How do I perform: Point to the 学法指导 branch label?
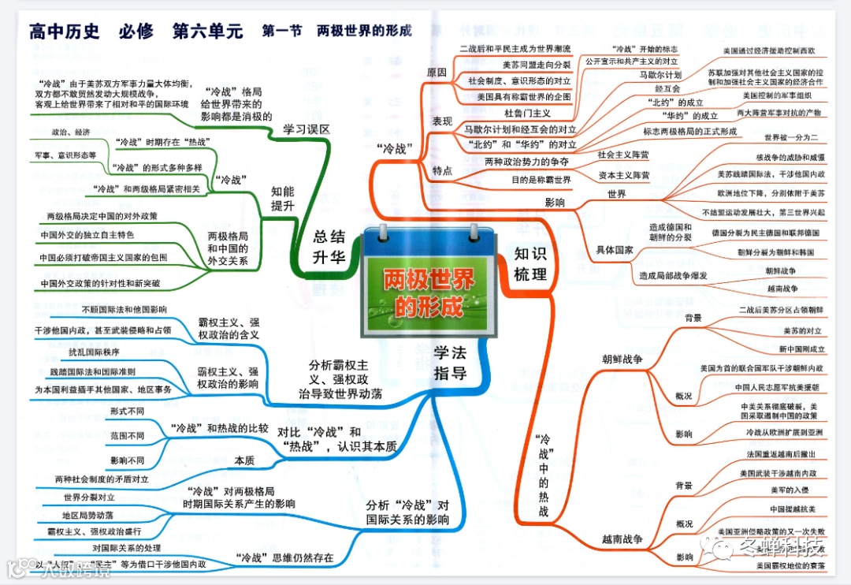450,363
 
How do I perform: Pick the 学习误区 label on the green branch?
307,129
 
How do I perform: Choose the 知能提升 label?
283,199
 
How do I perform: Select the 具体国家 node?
614,250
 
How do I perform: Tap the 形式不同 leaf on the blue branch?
127,412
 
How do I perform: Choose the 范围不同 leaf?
127,435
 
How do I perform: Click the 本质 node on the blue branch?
244,460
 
